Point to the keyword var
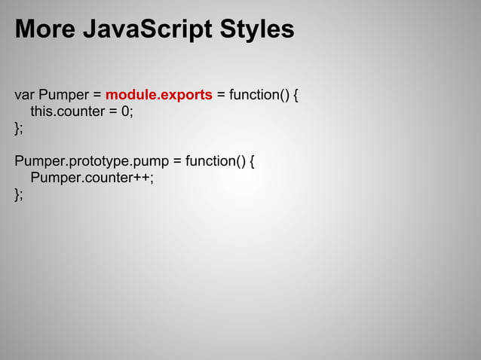pyautogui.click(x=24, y=96)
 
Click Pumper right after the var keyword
pyautogui.click(x=64, y=96)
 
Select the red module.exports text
pyautogui.click(x=158, y=96)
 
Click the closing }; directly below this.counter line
pyautogui.click(x=19, y=129)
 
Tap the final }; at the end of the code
pyautogui.click(x=19, y=194)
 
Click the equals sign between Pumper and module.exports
pyautogui.click(x=97, y=96)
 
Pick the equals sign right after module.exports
pyautogui.click(x=221, y=96)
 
